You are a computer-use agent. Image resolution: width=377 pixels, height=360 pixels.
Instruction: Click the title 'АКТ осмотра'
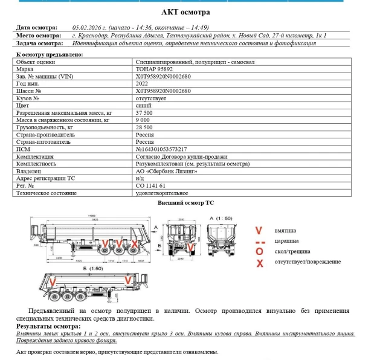click(187, 12)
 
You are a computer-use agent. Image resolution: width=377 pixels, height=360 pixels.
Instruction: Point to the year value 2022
click(143, 84)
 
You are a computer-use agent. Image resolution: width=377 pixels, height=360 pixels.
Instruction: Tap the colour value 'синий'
click(143, 105)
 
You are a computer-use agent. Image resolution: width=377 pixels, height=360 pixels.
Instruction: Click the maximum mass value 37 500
click(145, 113)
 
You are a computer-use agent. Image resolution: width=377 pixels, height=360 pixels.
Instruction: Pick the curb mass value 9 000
click(143, 120)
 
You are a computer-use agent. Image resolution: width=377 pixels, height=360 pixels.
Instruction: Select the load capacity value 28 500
click(145, 127)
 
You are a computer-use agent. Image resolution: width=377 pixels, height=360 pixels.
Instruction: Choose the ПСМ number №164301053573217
click(161, 149)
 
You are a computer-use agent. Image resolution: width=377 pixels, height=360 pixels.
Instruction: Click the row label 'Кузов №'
click(28, 98)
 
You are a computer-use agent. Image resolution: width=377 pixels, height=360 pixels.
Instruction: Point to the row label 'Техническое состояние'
click(47, 193)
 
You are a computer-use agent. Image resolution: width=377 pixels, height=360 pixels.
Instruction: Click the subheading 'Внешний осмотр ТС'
click(185, 203)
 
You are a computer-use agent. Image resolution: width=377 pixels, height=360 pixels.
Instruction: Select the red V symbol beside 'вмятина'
click(259, 230)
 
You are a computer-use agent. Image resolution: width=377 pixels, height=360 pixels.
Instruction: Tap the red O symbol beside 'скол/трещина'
click(259, 251)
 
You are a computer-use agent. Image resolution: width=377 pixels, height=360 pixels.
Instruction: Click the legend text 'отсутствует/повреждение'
click(308, 262)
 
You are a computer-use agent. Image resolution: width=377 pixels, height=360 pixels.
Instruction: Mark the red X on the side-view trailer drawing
click(134, 245)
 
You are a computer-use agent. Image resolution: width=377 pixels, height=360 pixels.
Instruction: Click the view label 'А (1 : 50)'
click(218, 217)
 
